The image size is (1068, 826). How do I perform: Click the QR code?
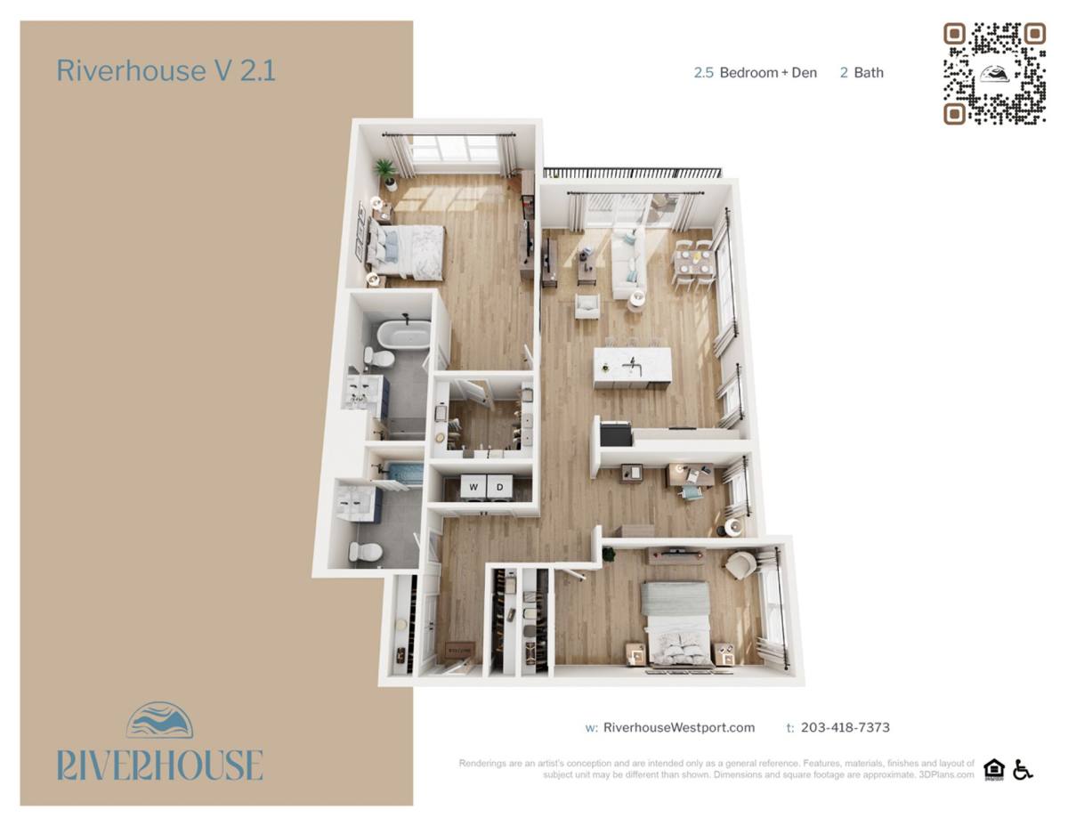pyautogui.click(x=994, y=73)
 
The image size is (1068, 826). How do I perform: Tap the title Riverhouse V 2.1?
pyautogui.click(x=166, y=71)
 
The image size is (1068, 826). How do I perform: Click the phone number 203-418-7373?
pyautogui.click(x=845, y=727)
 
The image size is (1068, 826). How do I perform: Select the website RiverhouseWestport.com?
pyautogui.click(x=678, y=727)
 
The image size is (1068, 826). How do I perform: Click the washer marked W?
pyautogui.click(x=473, y=486)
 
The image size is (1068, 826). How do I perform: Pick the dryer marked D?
pyautogui.click(x=500, y=486)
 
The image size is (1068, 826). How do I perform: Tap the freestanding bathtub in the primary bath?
pyautogui.click(x=404, y=335)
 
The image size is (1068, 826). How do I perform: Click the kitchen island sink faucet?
pyautogui.click(x=632, y=365)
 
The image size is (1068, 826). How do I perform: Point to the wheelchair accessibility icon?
pyautogui.click(x=1023, y=769)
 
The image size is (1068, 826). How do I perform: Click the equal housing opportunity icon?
pyautogui.click(x=994, y=769)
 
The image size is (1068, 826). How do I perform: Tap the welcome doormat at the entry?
pyautogui.click(x=459, y=649)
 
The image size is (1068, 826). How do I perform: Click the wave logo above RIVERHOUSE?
pyautogui.click(x=159, y=721)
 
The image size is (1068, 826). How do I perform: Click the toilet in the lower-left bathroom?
pyautogui.click(x=365, y=552)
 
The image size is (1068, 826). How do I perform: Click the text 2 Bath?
pyautogui.click(x=862, y=72)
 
